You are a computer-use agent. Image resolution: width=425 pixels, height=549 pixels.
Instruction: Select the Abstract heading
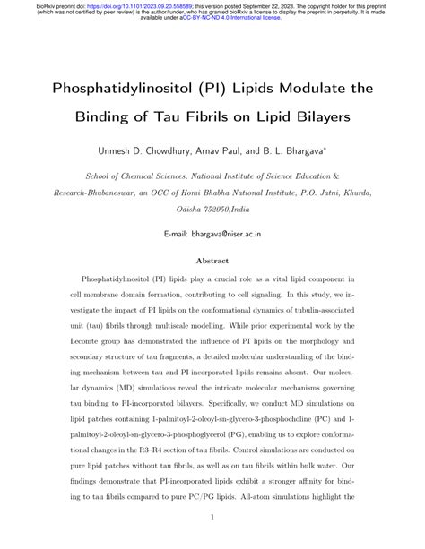pos(212,261)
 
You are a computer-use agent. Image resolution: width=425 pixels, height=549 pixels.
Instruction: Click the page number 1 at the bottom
pos(212,517)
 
